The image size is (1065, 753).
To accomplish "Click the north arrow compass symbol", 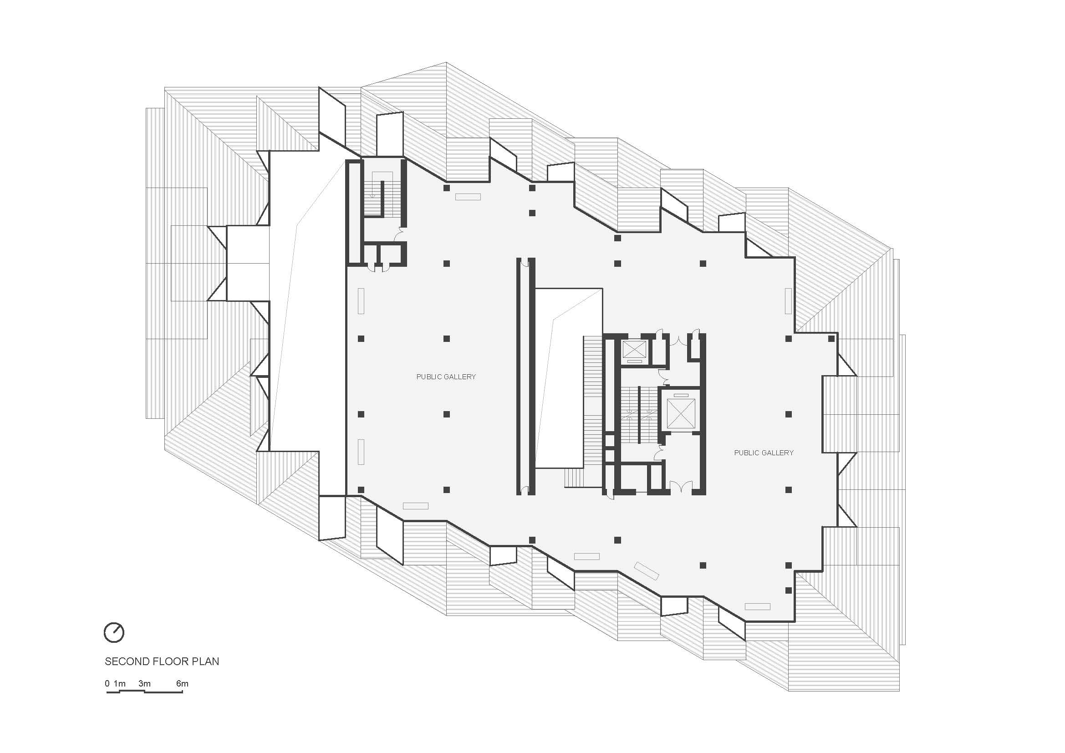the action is point(114,632).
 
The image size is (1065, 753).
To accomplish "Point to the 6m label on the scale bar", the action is point(182,683).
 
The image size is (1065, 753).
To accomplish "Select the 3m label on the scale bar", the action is point(144,683).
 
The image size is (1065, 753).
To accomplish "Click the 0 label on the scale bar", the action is point(107,683).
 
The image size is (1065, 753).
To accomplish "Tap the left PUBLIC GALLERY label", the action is point(446,377).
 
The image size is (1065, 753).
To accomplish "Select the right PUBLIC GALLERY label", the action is point(764,453).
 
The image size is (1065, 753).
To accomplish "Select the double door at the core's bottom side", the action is point(680,486).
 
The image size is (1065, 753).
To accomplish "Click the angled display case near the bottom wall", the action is point(647,571).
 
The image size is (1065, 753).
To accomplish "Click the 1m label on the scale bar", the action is point(120,683).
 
